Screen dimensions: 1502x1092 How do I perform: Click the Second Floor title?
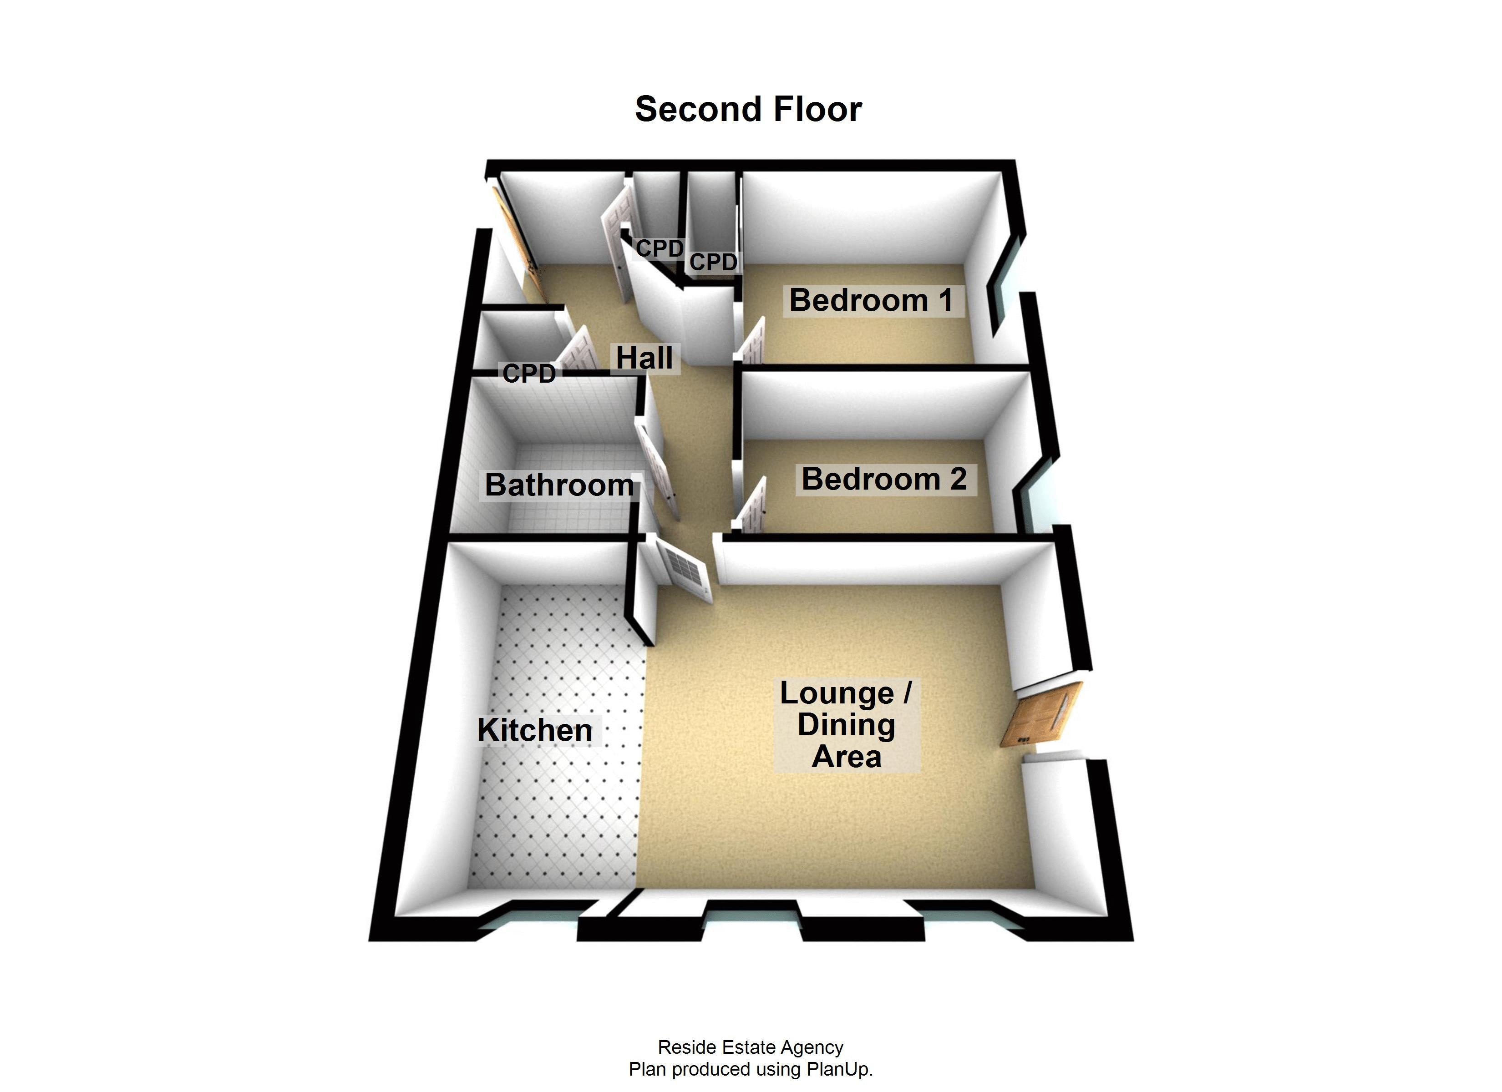coord(748,109)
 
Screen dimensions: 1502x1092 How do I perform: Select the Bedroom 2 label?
coord(884,479)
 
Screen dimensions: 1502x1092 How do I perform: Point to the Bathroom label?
coord(559,485)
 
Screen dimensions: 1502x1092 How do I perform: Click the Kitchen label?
coord(535,730)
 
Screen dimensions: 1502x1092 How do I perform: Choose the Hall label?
coord(644,358)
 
